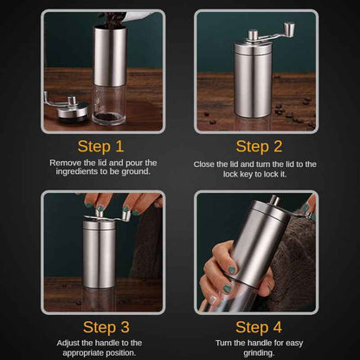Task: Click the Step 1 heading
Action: [x=100, y=146]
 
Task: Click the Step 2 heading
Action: [x=258, y=146]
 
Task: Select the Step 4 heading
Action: [x=258, y=327]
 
